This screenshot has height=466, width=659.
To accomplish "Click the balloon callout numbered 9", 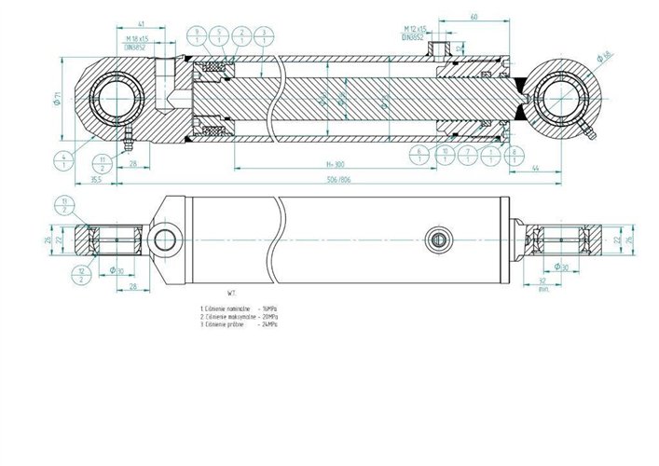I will pyautogui.click(x=198, y=36).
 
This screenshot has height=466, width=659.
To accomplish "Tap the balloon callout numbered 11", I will pyautogui.click(x=103, y=164).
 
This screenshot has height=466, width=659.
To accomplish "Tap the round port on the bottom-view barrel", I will pyautogui.click(x=437, y=240).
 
